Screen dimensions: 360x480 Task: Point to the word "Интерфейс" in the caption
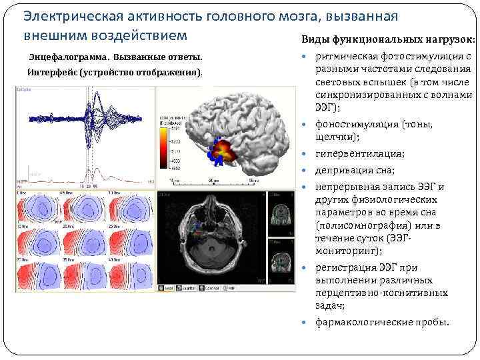tap(53, 72)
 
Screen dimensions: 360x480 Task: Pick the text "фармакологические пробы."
tap(382, 322)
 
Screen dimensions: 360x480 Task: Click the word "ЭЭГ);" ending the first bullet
tap(328, 107)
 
